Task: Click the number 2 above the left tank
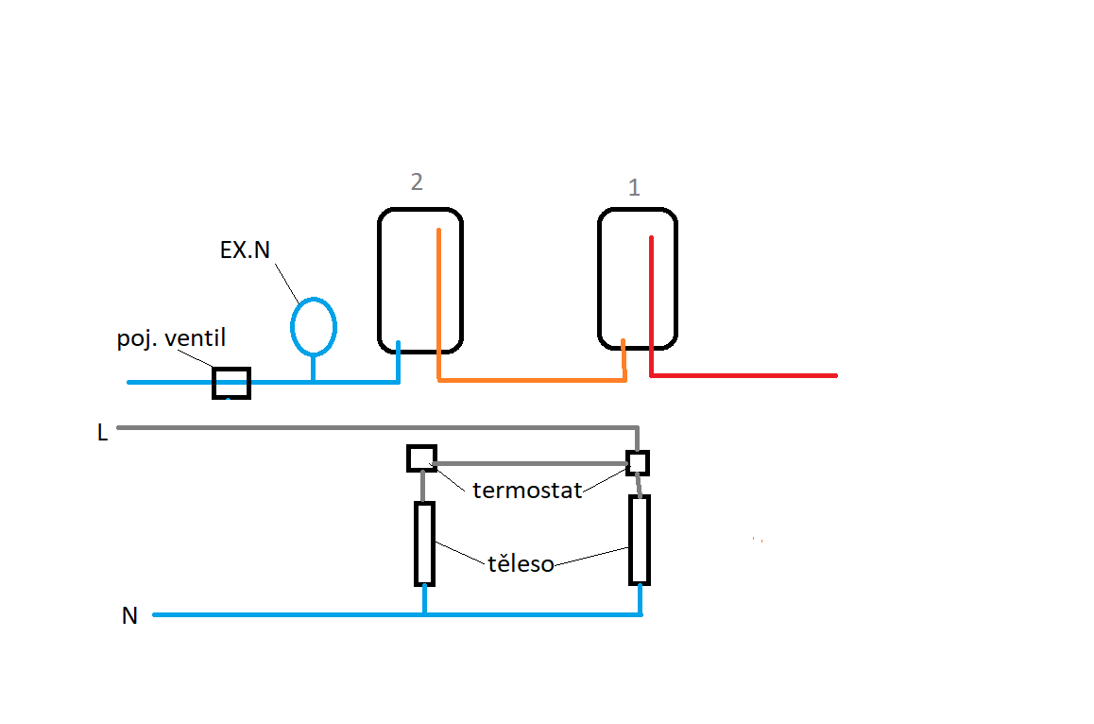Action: [x=417, y=182]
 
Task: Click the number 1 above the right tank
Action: [x=634, y=188]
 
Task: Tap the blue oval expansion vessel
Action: [x=314, y=326]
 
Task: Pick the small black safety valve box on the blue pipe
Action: [x=231, y=383]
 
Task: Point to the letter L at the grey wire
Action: [x=102, y=433]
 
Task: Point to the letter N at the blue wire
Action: [x=129, y=616]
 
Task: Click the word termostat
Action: [x=527, y=491]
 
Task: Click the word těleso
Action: [x=521, y=564]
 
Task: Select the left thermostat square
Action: [x=420, y=458]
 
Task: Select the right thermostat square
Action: [x=639, y=462]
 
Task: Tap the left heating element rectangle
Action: [x=424, y=543]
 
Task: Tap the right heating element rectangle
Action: [x=640, y=539]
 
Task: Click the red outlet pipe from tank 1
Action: [x=746, y=375]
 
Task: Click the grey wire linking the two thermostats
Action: [x=529, y=463]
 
